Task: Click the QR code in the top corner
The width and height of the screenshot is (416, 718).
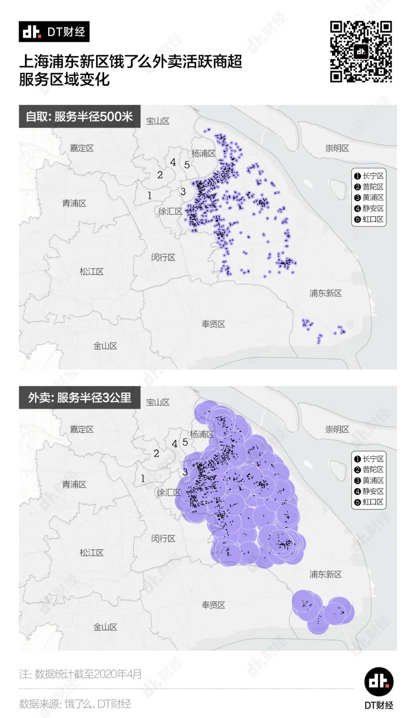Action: [x=361, y=52]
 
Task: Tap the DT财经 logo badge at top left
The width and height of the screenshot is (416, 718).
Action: [x=54, y=32]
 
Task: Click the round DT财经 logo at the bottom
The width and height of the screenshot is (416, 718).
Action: [x=379, y=681]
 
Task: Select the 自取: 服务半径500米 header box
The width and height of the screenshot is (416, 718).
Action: [x=79, y=116]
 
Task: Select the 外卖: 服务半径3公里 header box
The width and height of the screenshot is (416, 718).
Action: [x=79, y=398]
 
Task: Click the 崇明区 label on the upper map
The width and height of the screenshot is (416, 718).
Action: [x=337, y=148]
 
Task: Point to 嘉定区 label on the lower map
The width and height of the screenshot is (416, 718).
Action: [x=82, y=429]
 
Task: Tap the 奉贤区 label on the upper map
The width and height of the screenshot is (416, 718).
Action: [x=213, y=324]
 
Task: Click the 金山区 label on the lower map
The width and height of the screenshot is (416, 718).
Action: [x=105, y=627]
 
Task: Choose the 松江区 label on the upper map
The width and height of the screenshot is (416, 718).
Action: [x=92, y=272]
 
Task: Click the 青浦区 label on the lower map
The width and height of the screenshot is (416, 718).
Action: [x=74, y=484]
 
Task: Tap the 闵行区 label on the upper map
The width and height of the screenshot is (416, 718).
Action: [x=163, y=257]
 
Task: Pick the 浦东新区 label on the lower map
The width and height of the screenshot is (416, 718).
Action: [x=325, y=574]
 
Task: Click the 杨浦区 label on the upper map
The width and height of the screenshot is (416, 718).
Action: [x=203, y=153]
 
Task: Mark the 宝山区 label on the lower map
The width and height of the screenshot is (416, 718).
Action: [x=158, y=402]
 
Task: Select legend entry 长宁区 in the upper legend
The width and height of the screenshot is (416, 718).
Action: [x=369, y=176]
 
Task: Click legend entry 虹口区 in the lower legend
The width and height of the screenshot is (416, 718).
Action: [x=369, y=502]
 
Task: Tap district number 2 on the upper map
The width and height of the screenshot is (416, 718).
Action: [x=160, y=175]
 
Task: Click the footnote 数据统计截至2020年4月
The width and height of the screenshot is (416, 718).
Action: [x=80, y=674]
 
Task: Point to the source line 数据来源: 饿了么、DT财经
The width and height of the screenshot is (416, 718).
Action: [x=75, y=704]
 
